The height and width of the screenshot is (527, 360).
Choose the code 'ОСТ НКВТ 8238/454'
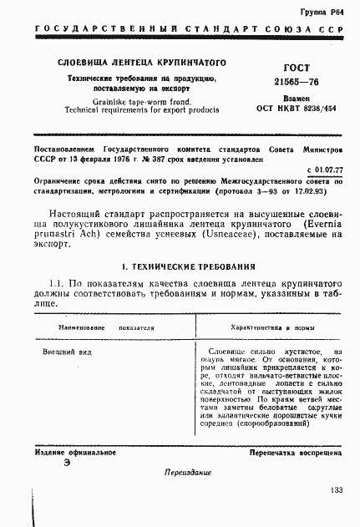click(285, 109)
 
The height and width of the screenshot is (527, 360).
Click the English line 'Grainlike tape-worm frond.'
click(112, 101)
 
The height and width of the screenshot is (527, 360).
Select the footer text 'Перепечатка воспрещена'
click(295, 452)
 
